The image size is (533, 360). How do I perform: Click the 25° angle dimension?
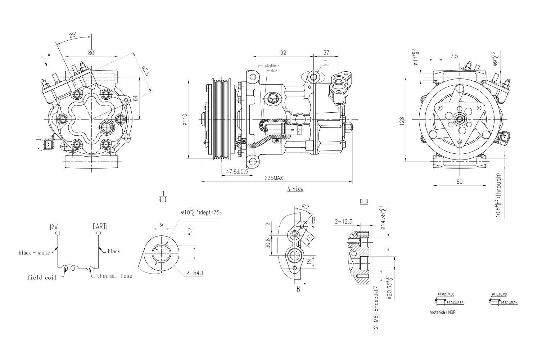(72, 35)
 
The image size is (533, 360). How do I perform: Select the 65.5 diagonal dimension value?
(146, 71)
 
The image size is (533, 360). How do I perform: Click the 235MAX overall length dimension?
(274, 178)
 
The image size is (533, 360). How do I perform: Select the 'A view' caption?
(295, 189)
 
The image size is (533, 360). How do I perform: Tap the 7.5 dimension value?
(454, 56)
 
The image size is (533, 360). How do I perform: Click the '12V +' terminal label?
(56, 227)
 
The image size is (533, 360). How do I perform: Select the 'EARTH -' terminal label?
(103, 226)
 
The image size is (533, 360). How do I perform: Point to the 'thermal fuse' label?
(114, 276)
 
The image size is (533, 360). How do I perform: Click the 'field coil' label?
(42, 278)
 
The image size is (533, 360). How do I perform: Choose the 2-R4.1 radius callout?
(195, 273)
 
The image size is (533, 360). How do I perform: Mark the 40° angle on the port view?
(305, 207)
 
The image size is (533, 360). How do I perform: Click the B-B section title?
(364, 202)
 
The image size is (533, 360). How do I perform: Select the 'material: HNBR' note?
(442, 312)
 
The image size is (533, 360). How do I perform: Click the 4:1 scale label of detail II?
(163, 199)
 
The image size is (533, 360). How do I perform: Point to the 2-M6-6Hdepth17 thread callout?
(376, 308)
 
